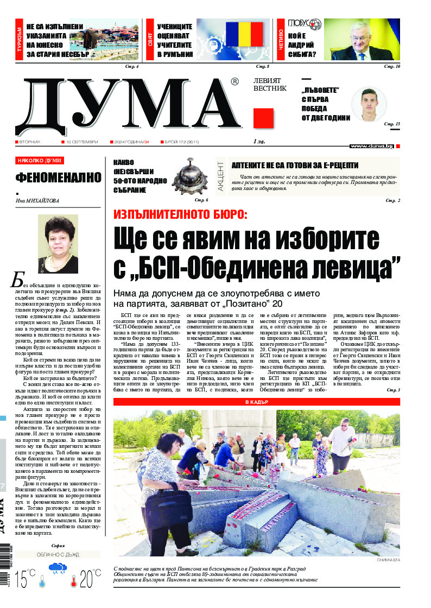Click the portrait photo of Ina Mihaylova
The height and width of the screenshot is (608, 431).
click(x=58, y=244)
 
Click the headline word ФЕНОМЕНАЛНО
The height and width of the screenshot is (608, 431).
click(x=58, y=178)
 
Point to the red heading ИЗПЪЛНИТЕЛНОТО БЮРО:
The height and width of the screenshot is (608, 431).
click(x=180, y=213)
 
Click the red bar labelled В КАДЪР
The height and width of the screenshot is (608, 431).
click(x=257, y=402)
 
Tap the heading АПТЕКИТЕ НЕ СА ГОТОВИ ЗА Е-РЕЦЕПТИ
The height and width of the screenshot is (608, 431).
click(x=295, y=165)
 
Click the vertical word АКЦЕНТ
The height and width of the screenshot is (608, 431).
click(x=220, y=175)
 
